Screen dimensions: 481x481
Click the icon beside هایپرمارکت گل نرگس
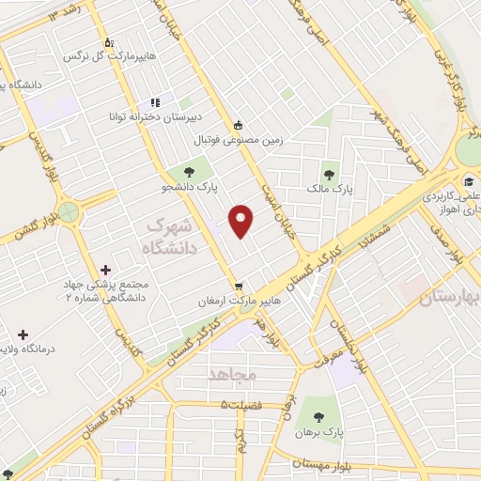(x=110, y=41)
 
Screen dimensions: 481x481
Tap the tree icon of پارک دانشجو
(x=190, y=171)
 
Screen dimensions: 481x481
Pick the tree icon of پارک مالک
(x=329, y=172)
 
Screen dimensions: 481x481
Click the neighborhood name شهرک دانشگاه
(x=169, y=237)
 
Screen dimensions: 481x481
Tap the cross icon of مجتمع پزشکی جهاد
(x=105, y=270)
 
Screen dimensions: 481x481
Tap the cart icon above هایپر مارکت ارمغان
(x=239, y=287)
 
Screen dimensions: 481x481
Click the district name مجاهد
(x=231, y=374)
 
